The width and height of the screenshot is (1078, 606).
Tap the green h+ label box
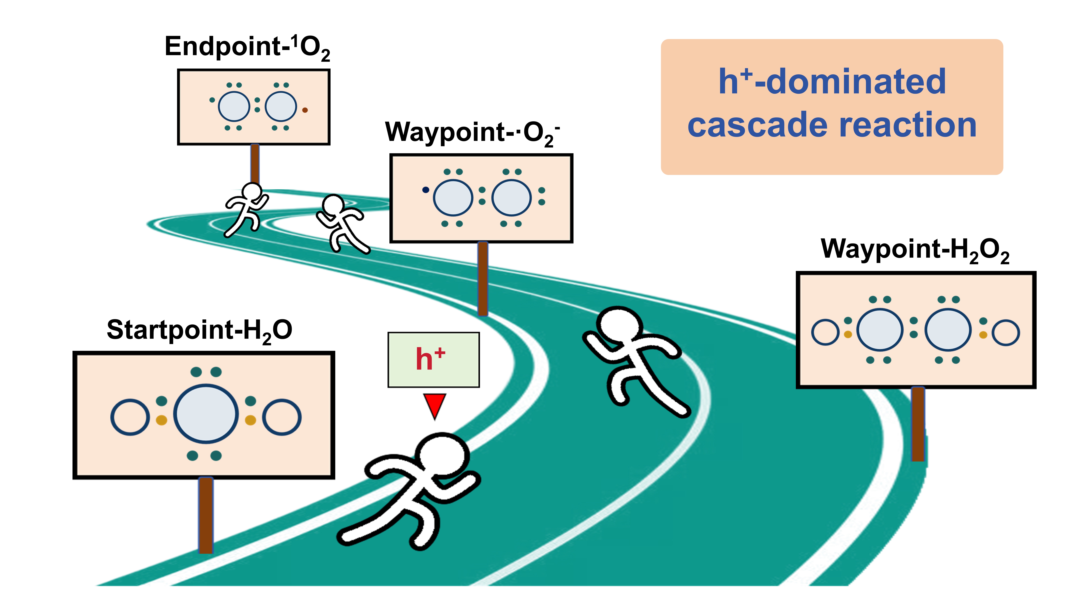(x=433, y=360)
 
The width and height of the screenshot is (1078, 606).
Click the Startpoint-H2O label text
(x=199, y=330)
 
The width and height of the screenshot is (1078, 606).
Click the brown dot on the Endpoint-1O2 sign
(x=305, y=110)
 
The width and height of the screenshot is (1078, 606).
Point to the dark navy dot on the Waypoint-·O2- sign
(x=426, y=190)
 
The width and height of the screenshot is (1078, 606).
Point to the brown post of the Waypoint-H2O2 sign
(x=918, y=424)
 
